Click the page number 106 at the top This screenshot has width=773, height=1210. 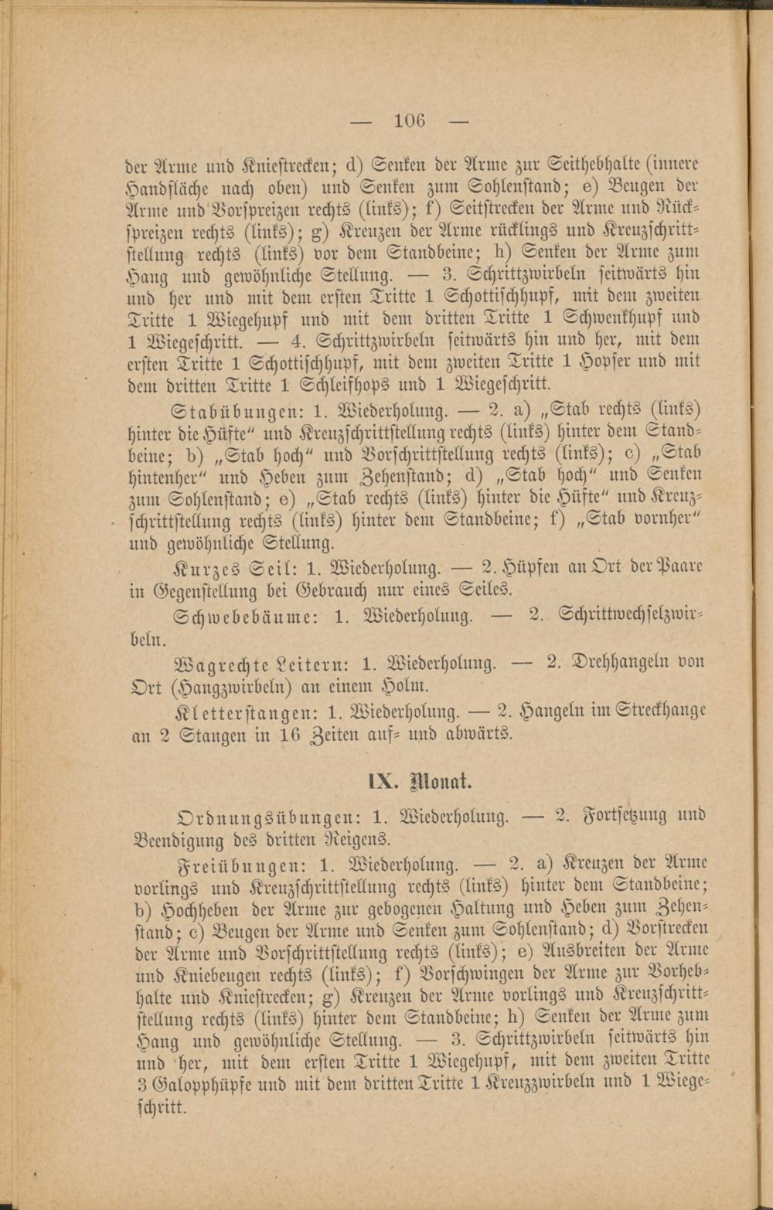(x=409, y=121)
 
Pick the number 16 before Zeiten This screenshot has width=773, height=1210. (x=289, y=735)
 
